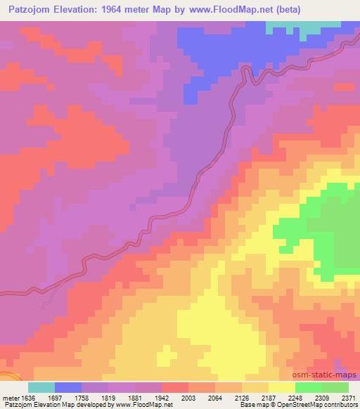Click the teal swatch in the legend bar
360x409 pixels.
click(x=41, y=387)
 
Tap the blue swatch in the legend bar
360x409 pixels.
click(x=68, y=387)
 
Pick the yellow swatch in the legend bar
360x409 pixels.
click(x=282, y=387)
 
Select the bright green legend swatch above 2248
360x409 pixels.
click(x=309, y=387)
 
